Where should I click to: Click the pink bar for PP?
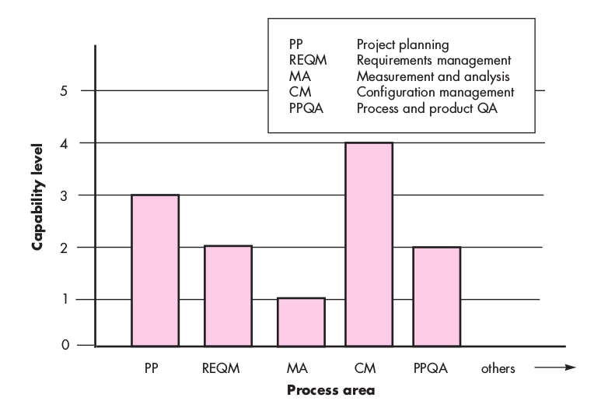[155, 269]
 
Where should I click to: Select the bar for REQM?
[228, 295]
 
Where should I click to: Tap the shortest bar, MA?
[301, 321]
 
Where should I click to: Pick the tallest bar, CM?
[369, 243]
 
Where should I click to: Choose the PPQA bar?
[437, 295]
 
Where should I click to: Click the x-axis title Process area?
[330, 389]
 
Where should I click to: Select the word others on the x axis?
[498, 368]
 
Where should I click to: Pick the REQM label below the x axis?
[220, 368]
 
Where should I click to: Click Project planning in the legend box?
[402, 44]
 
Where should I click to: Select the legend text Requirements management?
[433, 60]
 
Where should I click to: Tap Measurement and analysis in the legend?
[432, 76]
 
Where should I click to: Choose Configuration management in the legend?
[435, 92]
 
